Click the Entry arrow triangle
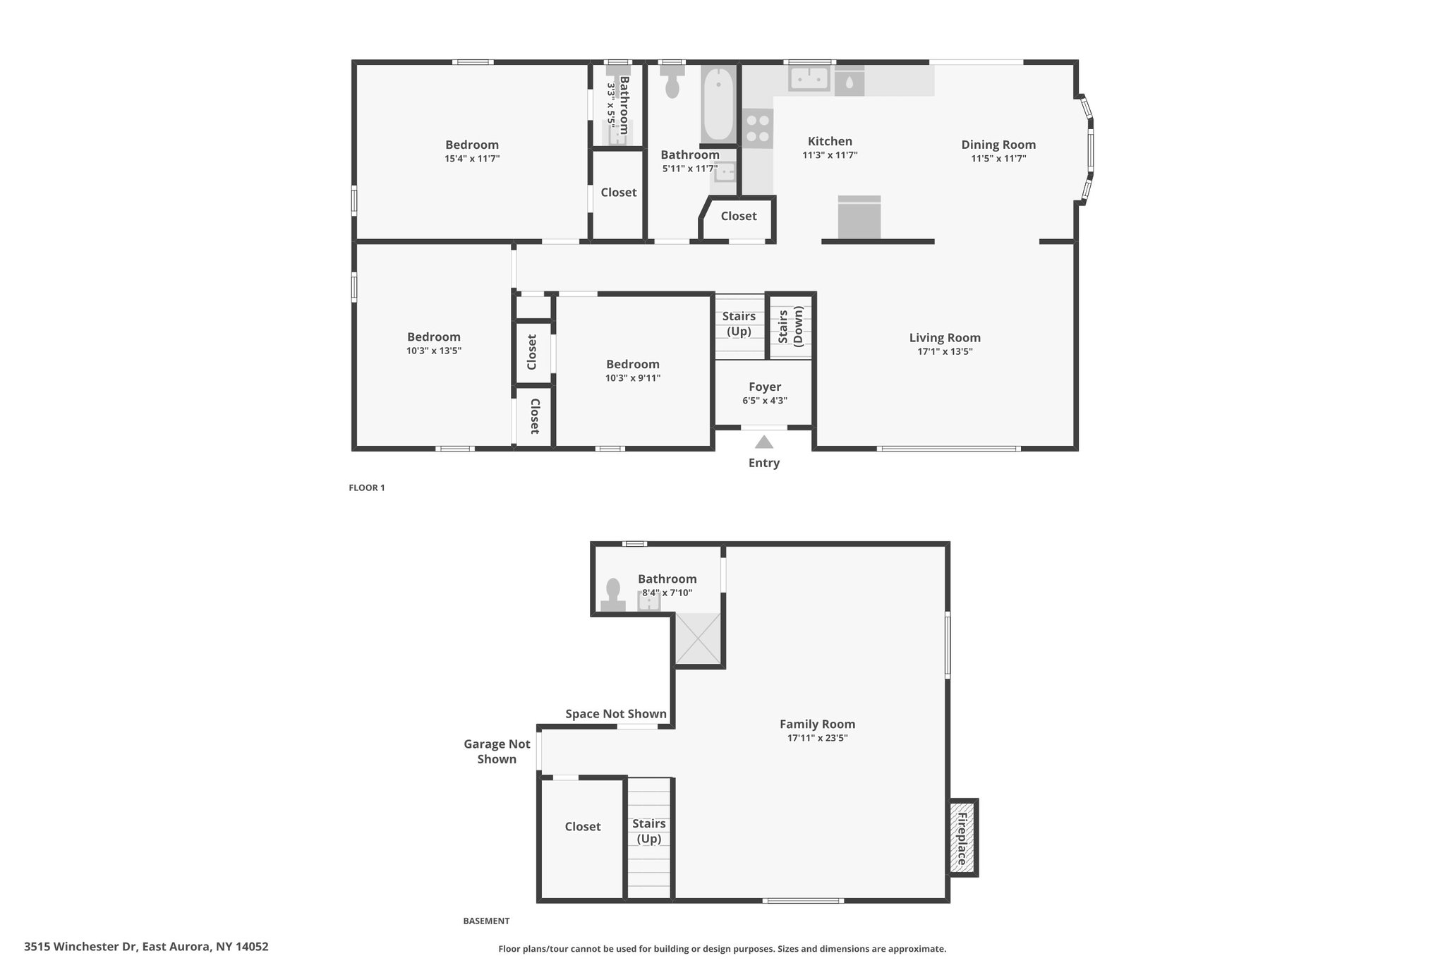(764, 442)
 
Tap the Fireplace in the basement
(962, 838)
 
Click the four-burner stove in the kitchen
(758, 128)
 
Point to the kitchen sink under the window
(809, 79)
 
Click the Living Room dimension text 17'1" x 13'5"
(945, 351)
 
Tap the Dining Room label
(998, 145)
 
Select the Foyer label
(765, 387)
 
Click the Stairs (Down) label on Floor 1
(790, 326)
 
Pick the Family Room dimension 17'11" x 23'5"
(818, 738)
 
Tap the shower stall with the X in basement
(699, 638)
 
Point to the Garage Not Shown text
(497, 751)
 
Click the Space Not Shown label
(616, 714)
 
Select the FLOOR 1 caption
(367, 487)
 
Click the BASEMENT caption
(486, 921)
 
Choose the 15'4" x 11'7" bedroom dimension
(472, 159)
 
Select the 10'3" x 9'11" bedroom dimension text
(633, 378)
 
